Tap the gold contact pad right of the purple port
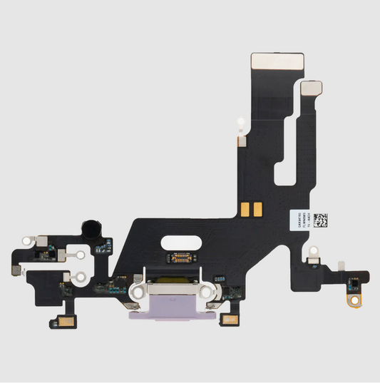click(231, 319)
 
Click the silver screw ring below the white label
click(312, 251)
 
